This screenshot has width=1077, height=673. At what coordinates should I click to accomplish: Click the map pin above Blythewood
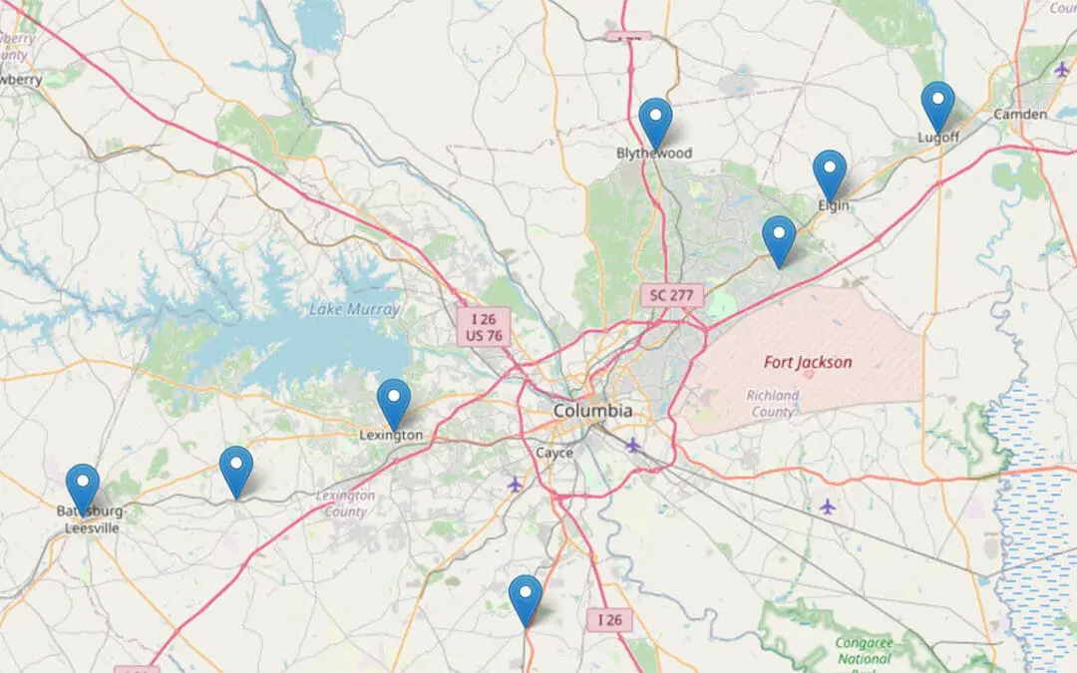(655, 121)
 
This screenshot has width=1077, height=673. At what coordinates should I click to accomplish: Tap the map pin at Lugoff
(937, 104)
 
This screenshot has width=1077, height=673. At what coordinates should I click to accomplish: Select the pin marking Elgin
(830, 172)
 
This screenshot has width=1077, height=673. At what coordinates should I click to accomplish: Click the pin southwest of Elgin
(779, 238)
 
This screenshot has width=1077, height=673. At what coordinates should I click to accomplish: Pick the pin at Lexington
(394, 401)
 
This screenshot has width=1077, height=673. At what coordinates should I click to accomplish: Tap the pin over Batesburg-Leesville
(83, 487)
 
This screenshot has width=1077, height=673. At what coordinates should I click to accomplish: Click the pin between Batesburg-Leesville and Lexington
(236, 469)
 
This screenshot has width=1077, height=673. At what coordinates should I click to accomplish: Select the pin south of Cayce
(526, 597)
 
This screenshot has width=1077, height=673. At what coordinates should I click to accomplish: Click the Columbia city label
(593, 411)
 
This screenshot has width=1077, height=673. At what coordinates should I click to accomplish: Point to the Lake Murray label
(354, 309)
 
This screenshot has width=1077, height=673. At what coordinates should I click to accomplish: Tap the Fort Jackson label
(808, 362)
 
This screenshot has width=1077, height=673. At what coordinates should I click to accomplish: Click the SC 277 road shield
(672, 295)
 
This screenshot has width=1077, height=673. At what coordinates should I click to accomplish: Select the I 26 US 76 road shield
(483, 327)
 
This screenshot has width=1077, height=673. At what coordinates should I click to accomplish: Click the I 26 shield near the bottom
(609, 619)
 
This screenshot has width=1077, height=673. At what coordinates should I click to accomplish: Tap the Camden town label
(1020, 115)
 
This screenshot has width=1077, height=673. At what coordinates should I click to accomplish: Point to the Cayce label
(554, 453)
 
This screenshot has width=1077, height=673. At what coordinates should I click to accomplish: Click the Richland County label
(772, 403)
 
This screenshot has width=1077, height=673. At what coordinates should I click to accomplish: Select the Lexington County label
(345, 504)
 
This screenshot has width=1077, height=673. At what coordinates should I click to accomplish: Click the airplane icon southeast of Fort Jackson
(827, 506)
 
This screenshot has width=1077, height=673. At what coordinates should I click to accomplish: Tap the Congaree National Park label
(864, 651)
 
